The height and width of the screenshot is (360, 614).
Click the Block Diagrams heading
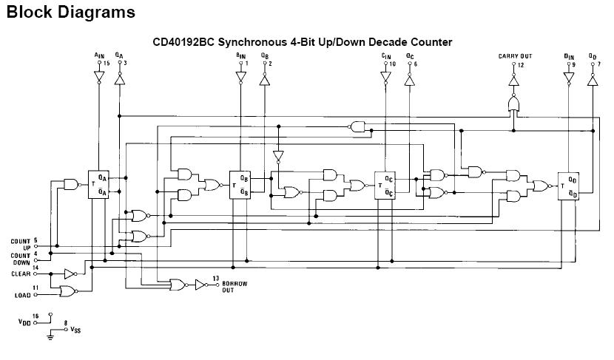coord(70,13)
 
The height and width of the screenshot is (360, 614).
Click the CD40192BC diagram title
coord(303,42)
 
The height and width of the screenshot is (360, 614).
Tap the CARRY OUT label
coord(515,56)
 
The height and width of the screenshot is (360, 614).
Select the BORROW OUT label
coord(235,287)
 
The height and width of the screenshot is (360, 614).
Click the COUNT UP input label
coord(21,244)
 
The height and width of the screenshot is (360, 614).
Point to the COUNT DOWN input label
coord(21,258)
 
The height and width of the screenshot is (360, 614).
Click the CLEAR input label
coord(21,274)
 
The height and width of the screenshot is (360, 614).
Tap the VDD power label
coord(24,322)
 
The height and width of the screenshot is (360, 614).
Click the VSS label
coord(76,330)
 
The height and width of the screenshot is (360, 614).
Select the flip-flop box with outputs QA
coord(99,183)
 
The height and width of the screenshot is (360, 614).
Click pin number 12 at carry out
coord(522,65)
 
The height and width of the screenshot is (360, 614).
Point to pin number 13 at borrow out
coord(215,278)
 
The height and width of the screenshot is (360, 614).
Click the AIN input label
coord(99,56)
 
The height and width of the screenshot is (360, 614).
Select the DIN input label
coord(568,56)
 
